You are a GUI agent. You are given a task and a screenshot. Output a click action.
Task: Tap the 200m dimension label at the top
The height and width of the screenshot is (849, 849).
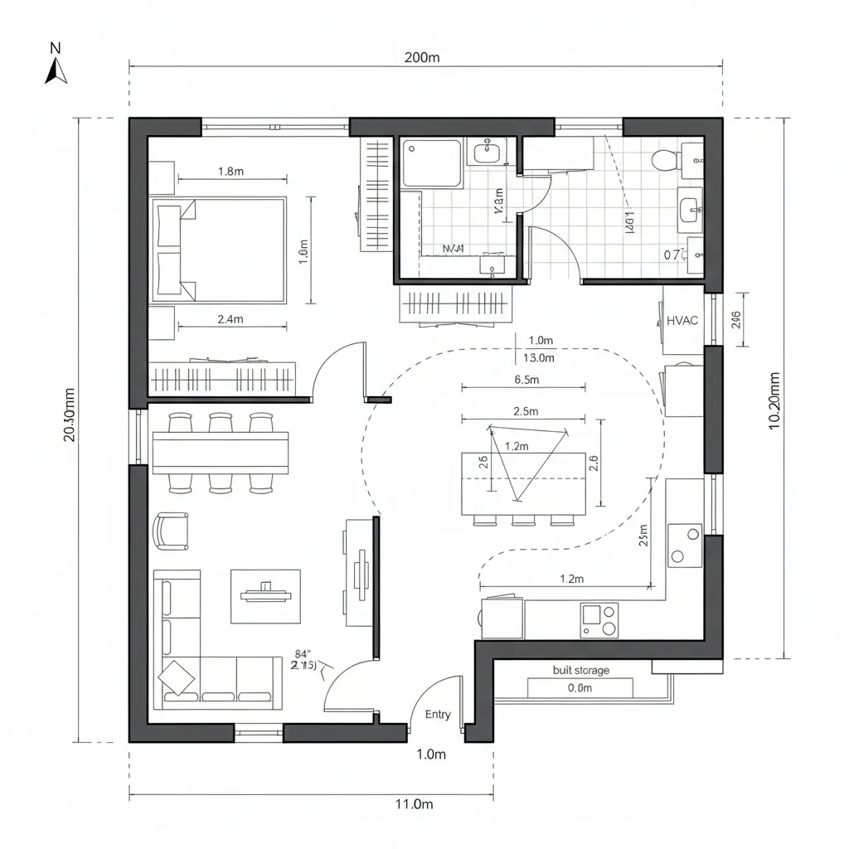click(x=422, y=57)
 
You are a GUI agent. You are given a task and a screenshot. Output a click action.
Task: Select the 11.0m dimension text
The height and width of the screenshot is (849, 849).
click(x=415, y=803)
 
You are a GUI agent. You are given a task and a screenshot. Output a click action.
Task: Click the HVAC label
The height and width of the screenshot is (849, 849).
click(x=682, y=321)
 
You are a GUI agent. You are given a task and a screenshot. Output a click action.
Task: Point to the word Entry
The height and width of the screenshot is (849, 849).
click(x=438, y=714)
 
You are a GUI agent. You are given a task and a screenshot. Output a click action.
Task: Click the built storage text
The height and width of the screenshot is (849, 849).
click(x=580, y=670)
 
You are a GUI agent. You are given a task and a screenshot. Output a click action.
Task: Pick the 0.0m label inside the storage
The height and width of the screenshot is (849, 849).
click(x=580, y=687)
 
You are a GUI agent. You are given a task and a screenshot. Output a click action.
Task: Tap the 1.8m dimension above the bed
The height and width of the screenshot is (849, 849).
click(x=230, y=172)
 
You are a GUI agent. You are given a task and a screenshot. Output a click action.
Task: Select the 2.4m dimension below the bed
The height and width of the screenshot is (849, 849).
click(x=230, y=318)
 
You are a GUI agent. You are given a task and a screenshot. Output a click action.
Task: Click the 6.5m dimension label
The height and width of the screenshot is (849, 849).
click(x=527, y=381)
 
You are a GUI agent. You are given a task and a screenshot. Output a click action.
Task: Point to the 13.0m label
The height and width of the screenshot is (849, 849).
click(x=540, y=358)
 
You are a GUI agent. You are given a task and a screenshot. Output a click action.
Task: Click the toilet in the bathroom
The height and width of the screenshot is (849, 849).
click(x=666, y=158)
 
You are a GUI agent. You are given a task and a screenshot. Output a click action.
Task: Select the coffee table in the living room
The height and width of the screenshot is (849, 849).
click(x=265, y=595)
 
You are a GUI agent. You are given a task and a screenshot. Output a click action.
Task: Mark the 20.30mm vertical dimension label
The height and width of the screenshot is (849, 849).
click(x=70, y=415)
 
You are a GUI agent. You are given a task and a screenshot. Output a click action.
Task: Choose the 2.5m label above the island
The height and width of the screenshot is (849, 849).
click(x=526, y=411)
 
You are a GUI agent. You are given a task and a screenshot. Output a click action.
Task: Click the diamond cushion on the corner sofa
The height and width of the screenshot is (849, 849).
click(x=178, y=677)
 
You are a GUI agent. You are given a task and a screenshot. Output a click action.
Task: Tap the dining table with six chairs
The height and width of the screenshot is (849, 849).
click(x=221, y=452)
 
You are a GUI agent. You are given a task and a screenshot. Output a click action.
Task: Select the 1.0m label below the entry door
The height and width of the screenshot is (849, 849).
click(x=430, y=754)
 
